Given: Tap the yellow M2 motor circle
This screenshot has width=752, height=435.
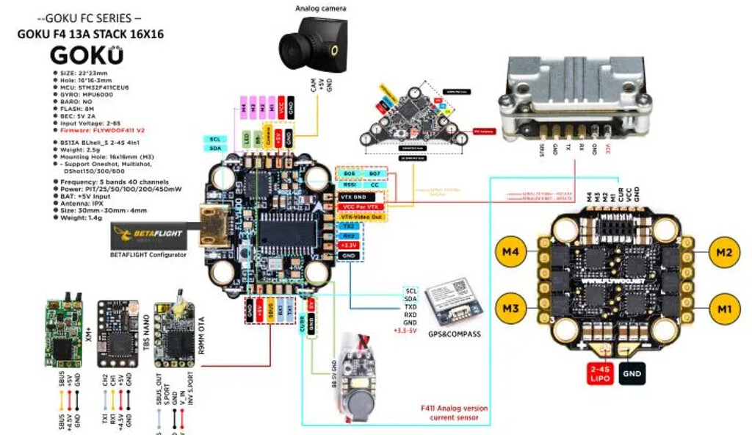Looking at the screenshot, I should coord(723,253).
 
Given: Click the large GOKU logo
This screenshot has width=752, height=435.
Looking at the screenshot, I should coord(87,57).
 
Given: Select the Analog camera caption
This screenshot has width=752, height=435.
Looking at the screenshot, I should coord(320,8).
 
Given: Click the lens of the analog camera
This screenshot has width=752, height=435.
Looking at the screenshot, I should coord(292,50).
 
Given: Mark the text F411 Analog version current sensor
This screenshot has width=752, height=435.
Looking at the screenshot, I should coord(454,413).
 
